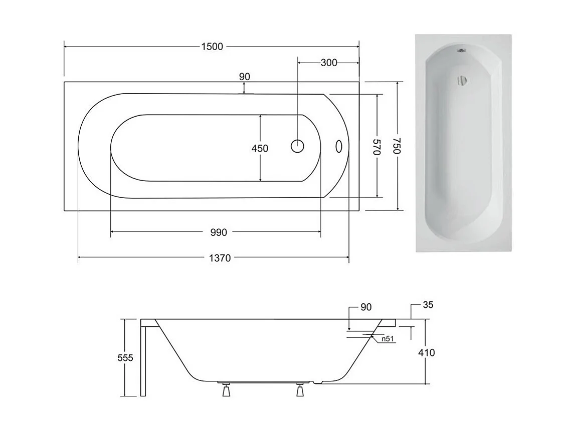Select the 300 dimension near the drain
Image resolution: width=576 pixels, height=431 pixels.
click(328, 63)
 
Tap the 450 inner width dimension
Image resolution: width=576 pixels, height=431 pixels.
click(260, 148)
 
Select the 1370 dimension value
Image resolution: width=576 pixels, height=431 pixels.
click(219, 258)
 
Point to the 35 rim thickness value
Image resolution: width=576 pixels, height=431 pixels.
click(428, 304)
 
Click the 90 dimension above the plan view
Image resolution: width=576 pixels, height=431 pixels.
click(244, 77)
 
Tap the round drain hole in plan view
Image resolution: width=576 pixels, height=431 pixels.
click(297, 146)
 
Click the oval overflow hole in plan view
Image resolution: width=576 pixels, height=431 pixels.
click(338, 146)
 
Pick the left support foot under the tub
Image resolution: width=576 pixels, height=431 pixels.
click(226, 389)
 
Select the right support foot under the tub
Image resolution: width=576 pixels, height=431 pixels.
click(300, 389)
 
